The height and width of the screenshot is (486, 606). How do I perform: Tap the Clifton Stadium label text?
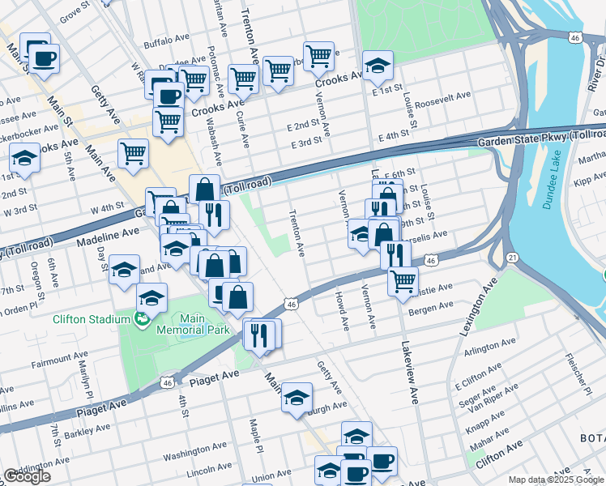pyautogui.click(x=91, y=319)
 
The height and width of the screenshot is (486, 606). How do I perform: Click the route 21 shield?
pyautogui.click(x=513, y=257)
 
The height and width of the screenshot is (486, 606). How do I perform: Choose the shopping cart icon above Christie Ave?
pyautogui.click(x=403, y=281)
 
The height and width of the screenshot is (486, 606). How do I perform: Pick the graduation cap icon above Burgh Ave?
pyautogui.click(x=297, y=399)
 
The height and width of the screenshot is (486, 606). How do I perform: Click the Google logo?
pyautogui.click(x=27, y=476)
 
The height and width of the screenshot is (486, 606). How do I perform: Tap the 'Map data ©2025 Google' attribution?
pyautogui.click(x=556, y=480)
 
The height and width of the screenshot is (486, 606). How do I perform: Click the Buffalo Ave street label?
pyautogui.click(x=164, y=44)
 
